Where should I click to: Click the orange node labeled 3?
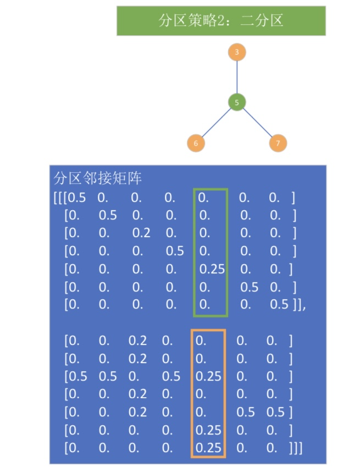(236, 53)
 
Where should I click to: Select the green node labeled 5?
(236, 102)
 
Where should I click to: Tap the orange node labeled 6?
(196, 144)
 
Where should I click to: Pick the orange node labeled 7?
(278, 144)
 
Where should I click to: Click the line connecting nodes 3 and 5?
(236, 77)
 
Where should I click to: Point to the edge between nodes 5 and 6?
(216, 123)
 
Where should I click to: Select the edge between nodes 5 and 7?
(257, 123)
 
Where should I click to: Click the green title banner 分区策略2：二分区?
(221, 21)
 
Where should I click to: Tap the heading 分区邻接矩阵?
(98, 179)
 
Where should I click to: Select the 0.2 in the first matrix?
(141, 233)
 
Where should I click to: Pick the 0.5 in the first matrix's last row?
(279, 305)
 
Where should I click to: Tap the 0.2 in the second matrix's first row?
(137, 341)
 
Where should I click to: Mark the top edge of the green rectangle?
(211, 189)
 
